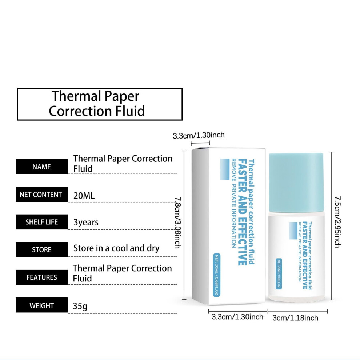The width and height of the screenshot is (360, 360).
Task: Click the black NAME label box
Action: (41, 167)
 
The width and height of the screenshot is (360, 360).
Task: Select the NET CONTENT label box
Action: (41, 194)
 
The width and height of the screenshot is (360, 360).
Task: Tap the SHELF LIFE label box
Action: (41, 222)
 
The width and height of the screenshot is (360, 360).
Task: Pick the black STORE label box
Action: (41, 249)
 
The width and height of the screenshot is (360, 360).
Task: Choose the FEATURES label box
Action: (41, 277)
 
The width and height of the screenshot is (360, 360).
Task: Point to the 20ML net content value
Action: (84, 196)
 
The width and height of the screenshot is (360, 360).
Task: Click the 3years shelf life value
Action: (86, 223)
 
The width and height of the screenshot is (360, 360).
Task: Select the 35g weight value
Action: (80, 306)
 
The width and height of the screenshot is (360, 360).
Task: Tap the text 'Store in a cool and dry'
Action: (116, 249)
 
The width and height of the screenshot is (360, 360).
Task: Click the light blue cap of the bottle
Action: (296, 183)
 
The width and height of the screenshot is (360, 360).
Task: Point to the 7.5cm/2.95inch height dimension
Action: (337, 222)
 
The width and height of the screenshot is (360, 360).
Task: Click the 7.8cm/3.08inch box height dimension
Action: (178, 223)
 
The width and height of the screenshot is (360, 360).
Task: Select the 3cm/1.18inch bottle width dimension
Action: (295, 318)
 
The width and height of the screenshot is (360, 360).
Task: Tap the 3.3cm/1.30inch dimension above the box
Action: (199, 135)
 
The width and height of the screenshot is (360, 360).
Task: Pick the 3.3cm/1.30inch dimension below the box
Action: (237, 317)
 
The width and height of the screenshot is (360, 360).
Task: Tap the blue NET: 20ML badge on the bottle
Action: (279, 274)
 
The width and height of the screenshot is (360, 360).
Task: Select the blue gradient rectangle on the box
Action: (225, 169)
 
